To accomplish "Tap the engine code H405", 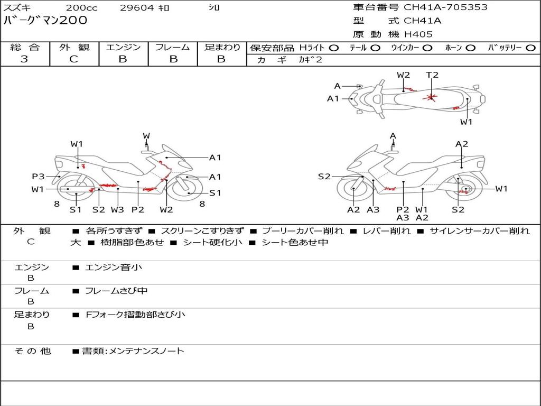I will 418,34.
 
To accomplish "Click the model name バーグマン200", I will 45,21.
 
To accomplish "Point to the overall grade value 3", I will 24,59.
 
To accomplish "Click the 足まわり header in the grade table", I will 222,47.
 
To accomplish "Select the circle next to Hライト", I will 333,48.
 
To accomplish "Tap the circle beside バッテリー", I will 530,48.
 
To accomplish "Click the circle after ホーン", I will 470,48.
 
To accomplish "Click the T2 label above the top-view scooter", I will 432,75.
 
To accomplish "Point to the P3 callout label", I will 38,177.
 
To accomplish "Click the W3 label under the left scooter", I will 117,210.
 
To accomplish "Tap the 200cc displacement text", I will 82,8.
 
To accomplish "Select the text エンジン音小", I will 114,267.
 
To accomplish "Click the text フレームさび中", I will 116,291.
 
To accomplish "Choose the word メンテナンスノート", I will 146,351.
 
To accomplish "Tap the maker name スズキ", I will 17,8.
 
